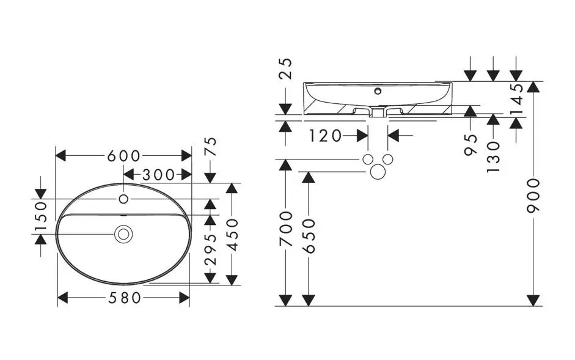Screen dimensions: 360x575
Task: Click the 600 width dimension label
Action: pyautogui.click(x=124, y=156)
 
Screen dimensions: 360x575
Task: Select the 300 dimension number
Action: pyautogui.click(x=158, y=175)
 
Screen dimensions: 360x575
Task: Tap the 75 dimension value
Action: pyautogui.click(x=210, y=147)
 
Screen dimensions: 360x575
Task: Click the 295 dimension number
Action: pyautogui.click(x=210, y=249)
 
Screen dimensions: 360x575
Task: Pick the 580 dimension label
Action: pyautogui.click(x=124, y=298)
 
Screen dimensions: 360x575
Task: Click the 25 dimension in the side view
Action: pyautogui.click(x=286, y=69)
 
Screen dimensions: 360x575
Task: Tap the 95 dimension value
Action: pyautogui.click(x=471, y=145)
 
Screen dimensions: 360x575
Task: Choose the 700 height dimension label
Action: pyautogui.click(x=285, y=229)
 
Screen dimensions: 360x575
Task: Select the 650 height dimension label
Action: pyautogui.click(x=309, y=237)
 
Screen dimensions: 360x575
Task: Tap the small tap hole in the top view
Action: pyautogui.click(x=124, y=199)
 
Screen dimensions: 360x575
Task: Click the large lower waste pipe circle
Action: pyautogui.click(x=378, y=172)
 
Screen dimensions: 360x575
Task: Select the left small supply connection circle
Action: pyautogui.click(x=368, y=160)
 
